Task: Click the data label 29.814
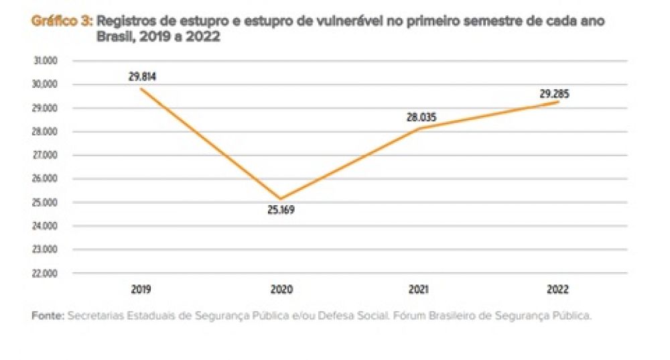tap(142, 76)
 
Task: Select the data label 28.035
tap(421, 117)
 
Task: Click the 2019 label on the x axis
tap(142, 290)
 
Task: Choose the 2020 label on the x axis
tap(281, 290)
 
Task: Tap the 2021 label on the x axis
tap(420, 290)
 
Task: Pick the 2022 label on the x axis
tap(557, 290)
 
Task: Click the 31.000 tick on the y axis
tap(46, 61)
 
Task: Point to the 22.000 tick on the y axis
tap(46, 274)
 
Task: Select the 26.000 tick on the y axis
tap(46, 179)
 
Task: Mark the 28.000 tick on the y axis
tap(46, 132)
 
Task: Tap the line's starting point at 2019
tap(141, 89)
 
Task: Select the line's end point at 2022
tap(558, 102)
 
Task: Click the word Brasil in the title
tap(114, 37)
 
